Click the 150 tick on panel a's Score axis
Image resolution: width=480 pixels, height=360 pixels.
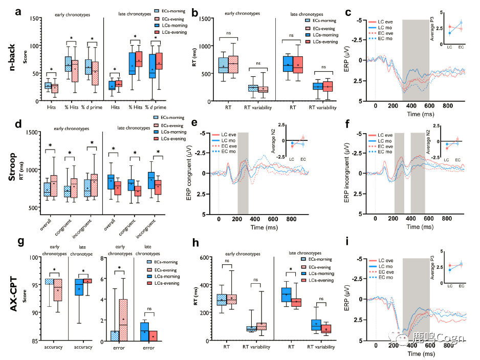(x=34, y=18)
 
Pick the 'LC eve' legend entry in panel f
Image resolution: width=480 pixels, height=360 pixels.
(x=382, y=134)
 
